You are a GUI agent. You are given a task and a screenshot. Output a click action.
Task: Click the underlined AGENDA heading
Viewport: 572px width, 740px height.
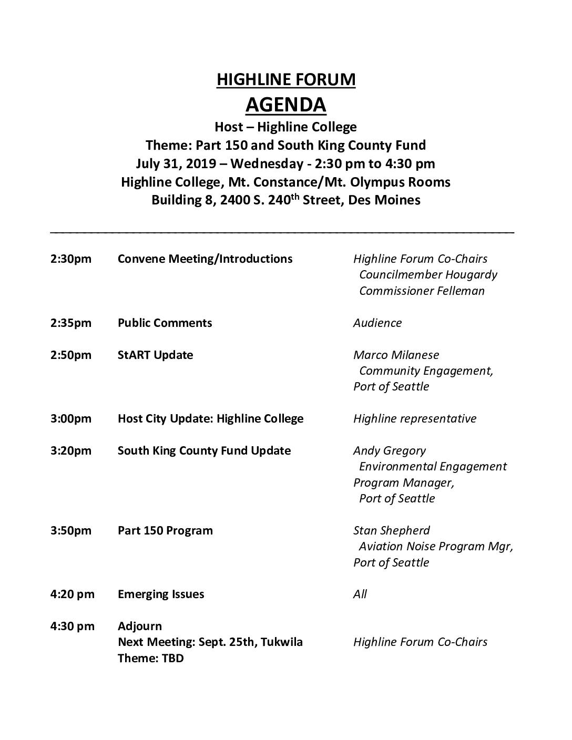click(x=285, y=105)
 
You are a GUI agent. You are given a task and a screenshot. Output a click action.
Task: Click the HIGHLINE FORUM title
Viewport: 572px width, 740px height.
click(x=285, y=79)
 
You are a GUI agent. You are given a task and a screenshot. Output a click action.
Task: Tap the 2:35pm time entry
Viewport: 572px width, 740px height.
click(x=70, y=323)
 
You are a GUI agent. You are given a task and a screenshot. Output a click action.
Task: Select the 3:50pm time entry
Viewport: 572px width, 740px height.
click(x=70, y=530)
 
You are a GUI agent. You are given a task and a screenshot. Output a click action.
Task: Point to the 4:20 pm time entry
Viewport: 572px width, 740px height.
click(x=72, y=594)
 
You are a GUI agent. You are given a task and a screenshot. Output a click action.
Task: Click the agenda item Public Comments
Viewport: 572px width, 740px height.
click(x=165, y=323)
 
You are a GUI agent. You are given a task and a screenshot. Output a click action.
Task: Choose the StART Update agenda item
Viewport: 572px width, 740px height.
click(x=155, y=355)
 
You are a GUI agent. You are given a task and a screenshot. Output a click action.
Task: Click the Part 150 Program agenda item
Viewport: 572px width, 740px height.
click(x=165, y=530)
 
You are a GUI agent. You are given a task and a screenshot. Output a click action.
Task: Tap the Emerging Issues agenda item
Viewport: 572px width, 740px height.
click(x=161, y=594)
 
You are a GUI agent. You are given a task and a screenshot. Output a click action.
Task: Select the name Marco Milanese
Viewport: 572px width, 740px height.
click(x=396, y=355)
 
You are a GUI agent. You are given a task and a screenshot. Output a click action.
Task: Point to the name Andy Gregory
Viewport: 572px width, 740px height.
click(x=390, y=450)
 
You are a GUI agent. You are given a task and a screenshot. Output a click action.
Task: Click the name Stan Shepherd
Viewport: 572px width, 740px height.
click(x=391, y=530)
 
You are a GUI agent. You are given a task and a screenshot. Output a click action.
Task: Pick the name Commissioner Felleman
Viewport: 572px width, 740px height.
click(x=422, y=291)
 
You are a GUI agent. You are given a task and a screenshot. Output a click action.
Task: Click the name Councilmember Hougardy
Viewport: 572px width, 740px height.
click(x=428, y=274)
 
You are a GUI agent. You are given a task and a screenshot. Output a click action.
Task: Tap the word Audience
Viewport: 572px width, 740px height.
click(x=377, y=323)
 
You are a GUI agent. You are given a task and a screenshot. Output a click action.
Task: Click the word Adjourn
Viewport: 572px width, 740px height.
click(x=140, y=626)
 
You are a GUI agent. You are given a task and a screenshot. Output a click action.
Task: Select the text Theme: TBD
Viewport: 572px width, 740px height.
click(x=150, y=658)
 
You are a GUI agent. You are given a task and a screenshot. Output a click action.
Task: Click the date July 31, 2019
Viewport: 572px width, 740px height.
click(x=176, y=163)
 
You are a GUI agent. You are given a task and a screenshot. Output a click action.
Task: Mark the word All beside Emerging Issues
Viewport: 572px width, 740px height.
click(x=360, y=594)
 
